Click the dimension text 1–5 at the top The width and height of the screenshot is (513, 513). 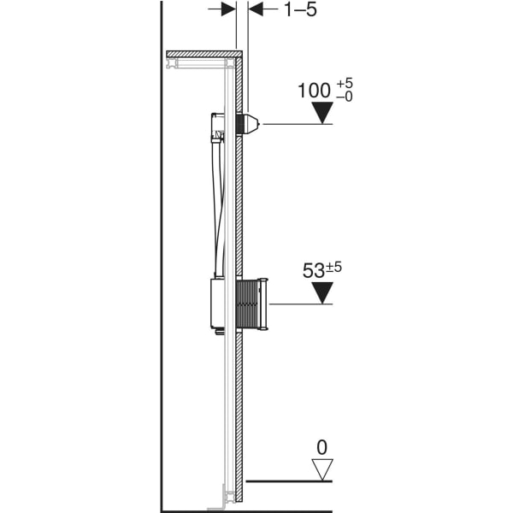tap(300, 9)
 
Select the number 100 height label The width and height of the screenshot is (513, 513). tap(314, 91)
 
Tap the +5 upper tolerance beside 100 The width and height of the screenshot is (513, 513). tap(345, 83)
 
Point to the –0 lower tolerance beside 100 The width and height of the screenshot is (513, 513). tap(345, 97)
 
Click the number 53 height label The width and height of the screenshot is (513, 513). tap(314, 271)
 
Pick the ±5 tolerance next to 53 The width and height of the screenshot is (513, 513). tap(333, 267)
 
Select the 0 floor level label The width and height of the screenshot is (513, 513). tap(322, 447)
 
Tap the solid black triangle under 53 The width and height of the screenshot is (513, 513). tap(322, 292)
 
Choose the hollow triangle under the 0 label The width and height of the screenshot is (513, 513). tap(322, 469)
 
